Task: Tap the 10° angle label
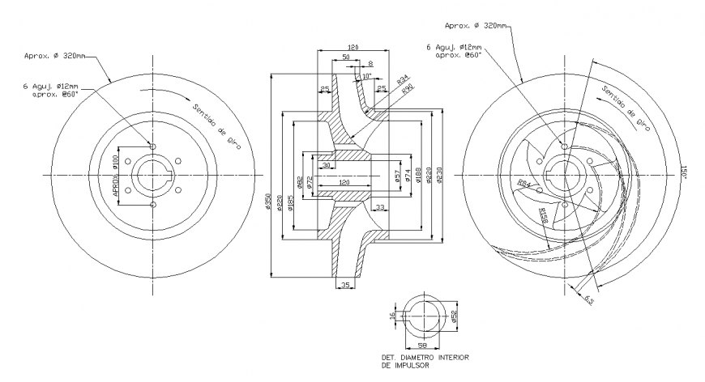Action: click(366, 76)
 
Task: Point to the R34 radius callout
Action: click(403, 79)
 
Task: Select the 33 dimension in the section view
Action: click(380, 207)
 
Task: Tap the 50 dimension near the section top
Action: click(345, 58)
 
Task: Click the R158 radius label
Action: click(545, 214)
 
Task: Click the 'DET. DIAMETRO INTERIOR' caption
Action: click(425, 356)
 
